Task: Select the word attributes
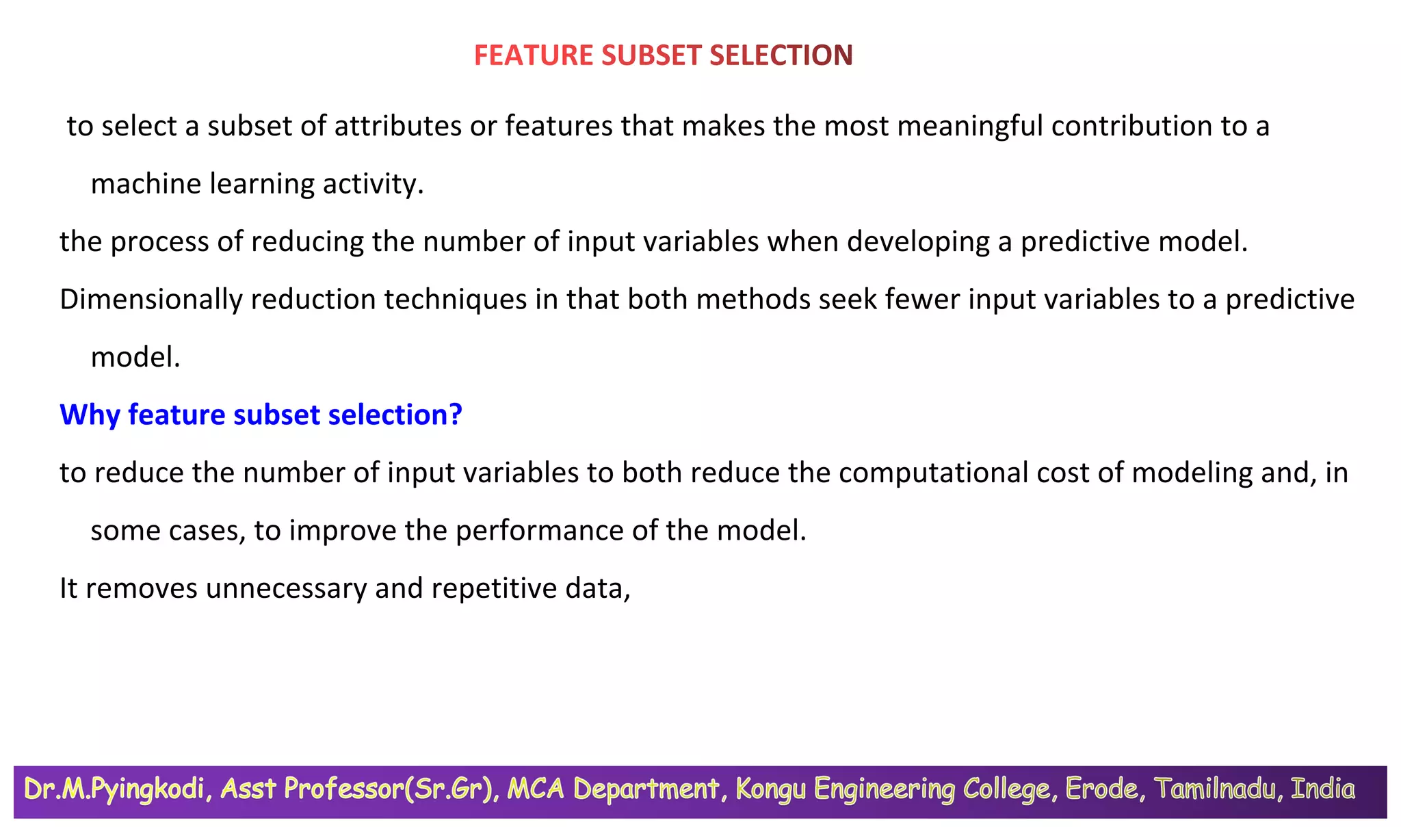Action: (398, 127)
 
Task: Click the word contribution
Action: (1131, 127)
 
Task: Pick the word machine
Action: (146, 184)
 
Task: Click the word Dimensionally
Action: (150, 300)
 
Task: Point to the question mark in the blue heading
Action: (456, 415)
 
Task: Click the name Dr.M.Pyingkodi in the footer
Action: (114, 789)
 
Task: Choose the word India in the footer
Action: (1322, 789)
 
